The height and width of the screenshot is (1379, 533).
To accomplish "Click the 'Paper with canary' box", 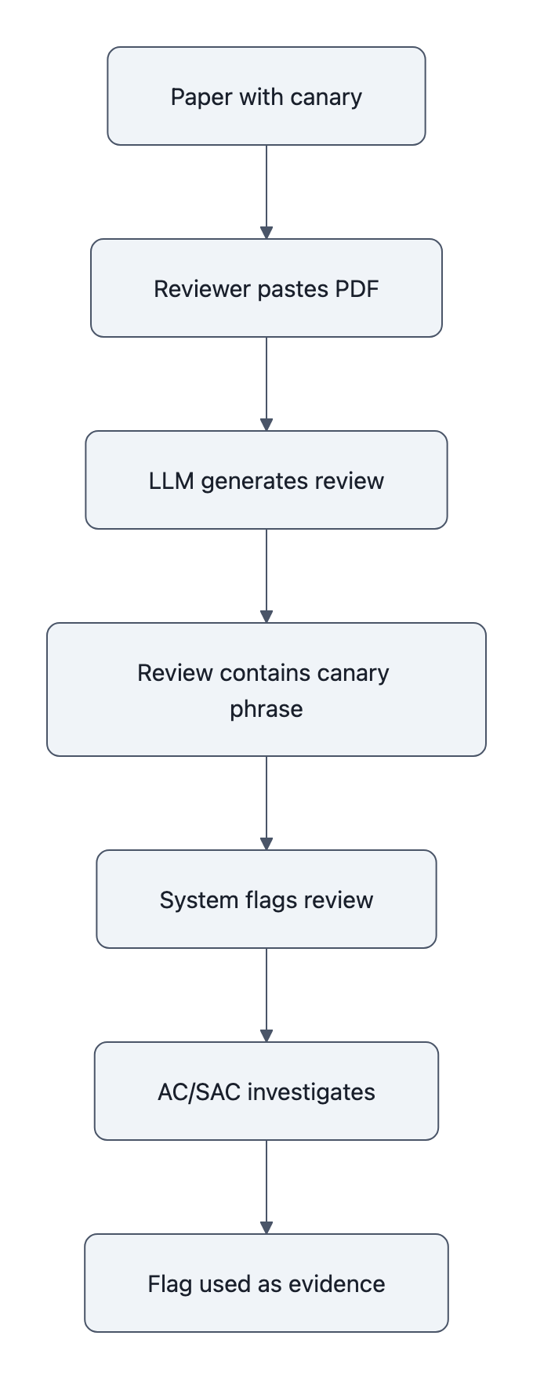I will point(266,96).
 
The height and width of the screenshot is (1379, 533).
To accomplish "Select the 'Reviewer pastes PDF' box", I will point(266,288).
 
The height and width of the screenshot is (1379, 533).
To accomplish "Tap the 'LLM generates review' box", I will point(266,480).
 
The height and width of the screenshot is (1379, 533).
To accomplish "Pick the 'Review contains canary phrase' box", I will point(266,689).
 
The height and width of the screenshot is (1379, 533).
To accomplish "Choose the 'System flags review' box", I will point(266,899).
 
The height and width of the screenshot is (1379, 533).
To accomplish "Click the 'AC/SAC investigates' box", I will point(266,1091).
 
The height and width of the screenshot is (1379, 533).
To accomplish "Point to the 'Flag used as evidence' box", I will point(266,1283).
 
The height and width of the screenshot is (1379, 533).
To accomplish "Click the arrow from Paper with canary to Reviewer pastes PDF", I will point(266,192).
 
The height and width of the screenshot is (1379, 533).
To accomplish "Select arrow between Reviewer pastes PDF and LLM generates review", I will point(266,384).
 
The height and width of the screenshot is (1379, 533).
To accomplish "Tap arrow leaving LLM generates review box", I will point(266,576).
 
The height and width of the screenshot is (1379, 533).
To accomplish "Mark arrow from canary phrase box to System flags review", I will point(266,803).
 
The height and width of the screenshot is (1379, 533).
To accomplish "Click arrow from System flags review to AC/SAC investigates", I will point(266,995).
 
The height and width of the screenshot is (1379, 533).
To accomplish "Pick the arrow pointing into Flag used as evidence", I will point(266,1187).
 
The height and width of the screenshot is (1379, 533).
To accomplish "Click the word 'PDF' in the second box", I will point(357,289).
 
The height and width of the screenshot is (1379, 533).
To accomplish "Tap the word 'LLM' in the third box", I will point(171,481).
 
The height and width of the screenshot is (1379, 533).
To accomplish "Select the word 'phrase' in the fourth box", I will point(266,709).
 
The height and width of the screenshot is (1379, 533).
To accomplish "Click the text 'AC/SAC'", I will point(199,1092).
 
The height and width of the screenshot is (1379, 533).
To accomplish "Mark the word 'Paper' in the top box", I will point(201,97).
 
